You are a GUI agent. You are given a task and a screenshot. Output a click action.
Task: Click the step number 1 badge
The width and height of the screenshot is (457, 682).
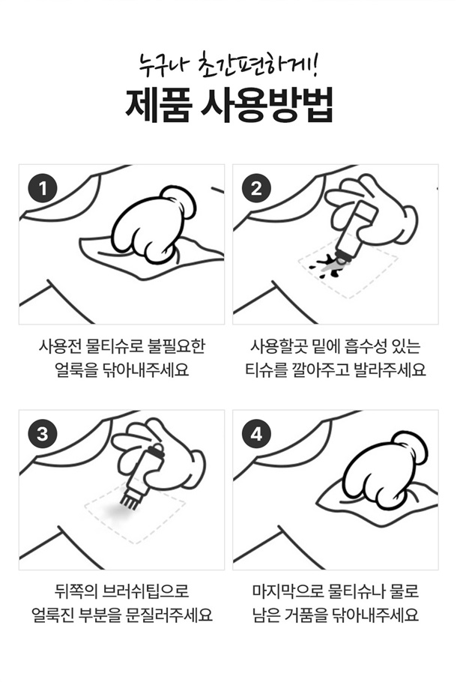point(43,189)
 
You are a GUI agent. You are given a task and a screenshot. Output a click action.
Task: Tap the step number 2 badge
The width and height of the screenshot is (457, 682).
point(256,189)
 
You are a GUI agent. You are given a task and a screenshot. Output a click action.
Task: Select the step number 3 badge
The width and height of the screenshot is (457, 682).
point(43,434)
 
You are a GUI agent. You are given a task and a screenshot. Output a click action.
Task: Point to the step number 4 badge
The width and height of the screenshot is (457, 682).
point(256,434)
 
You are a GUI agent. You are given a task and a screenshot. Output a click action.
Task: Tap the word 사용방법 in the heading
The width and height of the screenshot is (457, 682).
point(267,106)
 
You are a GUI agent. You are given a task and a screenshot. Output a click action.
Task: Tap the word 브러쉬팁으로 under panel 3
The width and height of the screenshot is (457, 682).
point(145,591)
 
